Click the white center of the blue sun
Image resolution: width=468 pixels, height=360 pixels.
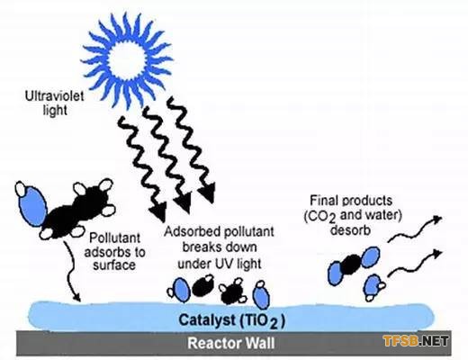point(128,59)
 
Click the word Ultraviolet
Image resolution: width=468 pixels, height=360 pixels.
point(54,96)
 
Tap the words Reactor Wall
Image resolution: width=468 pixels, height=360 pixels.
point(231,343)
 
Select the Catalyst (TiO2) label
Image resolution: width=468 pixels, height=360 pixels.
point(231,320)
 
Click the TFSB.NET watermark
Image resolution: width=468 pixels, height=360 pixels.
point(416,341)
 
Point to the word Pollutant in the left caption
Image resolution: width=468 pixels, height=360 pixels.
point(115,238)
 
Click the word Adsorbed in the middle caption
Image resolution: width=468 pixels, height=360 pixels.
point(191,231)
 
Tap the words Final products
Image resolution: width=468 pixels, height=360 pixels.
point(351,200)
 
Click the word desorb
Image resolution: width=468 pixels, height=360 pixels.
point(350,230)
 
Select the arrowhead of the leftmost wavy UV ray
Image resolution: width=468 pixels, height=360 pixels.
point(159,211)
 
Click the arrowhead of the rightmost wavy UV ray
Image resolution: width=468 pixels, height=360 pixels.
point(207,193)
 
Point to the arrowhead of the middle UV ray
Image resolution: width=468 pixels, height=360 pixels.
point(183,202)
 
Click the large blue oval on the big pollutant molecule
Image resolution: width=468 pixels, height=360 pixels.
point(32,202)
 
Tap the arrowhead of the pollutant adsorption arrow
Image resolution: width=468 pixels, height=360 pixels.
point(76,297)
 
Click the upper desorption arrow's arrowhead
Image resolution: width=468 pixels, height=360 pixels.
point(437,220)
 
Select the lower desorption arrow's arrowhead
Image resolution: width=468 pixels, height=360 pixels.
point(437,254)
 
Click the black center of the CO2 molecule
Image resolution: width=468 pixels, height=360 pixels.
point(352,265)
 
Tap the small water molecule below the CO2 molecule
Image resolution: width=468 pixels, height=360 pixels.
point(373,287)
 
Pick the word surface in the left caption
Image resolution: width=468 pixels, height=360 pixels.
point(114,265)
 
